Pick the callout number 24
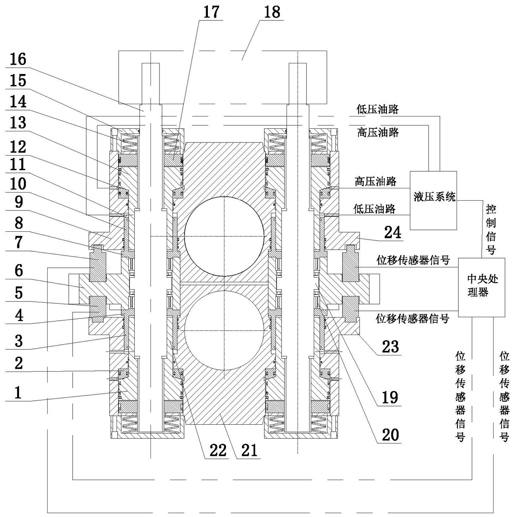tap(392, 233)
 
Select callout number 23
tap(389, 347)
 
